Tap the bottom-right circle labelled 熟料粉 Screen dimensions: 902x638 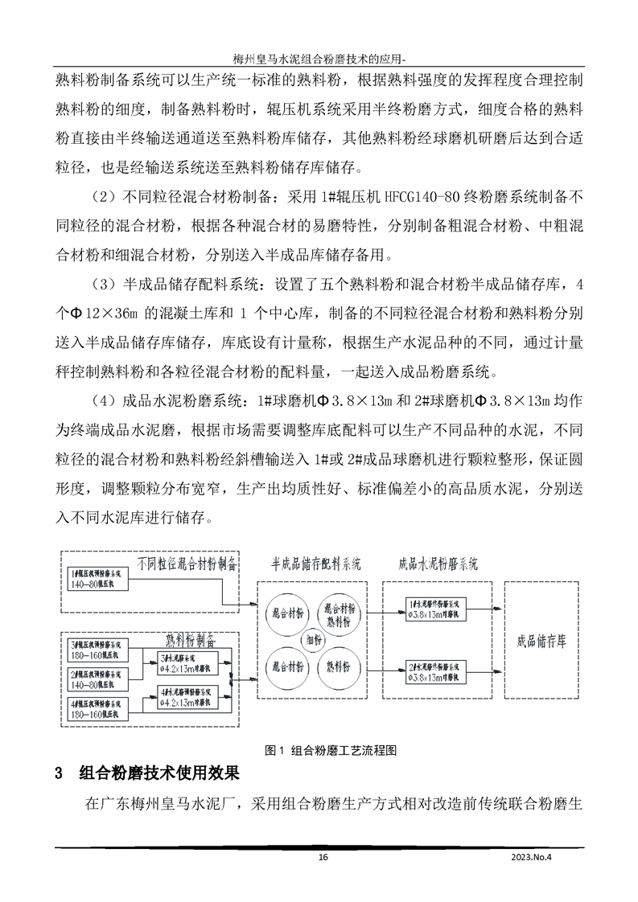(x=342, y=666)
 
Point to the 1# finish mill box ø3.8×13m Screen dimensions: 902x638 (x=435, y=608)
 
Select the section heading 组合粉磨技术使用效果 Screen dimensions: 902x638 (x=159, y=774)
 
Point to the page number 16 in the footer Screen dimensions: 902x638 (x=323, y=857)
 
